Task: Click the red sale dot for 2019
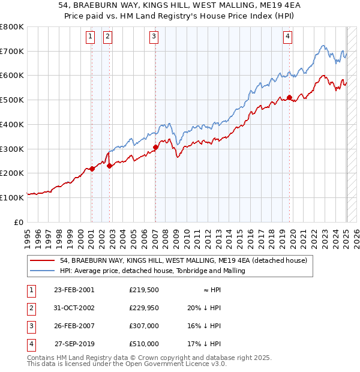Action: (289, 97)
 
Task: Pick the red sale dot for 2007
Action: (155, 147)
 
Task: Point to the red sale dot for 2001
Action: (92, 169)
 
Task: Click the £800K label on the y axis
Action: (11, 27)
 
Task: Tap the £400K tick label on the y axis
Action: (11, 124)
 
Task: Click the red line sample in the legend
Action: (42, 261)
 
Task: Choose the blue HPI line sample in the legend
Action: (42, 271)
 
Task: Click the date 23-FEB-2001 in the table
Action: (74, 290)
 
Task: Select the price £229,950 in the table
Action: (144, 307)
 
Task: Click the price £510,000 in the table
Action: (144, 344)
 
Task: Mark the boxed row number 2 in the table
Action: (31, 307)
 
